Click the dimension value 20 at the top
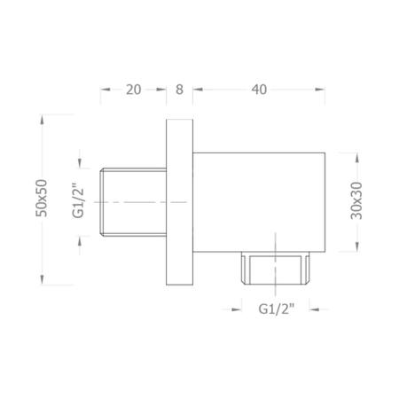pos(134,89)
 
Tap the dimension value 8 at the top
pos(180,89)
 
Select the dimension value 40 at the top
pos(259,89)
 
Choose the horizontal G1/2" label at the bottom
pos(277,309)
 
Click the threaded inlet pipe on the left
pos(134,202)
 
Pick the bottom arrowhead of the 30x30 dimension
pos(356,249)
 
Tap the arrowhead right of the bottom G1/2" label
pos(317,309)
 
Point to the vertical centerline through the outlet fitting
pos(277,244)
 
